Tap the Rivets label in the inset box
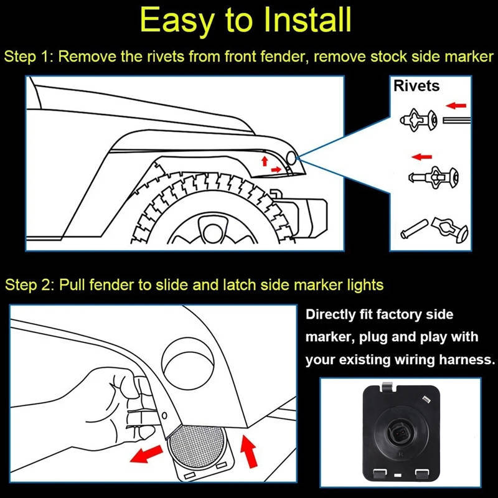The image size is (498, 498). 416,86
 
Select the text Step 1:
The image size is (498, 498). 29,57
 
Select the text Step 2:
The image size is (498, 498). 29,285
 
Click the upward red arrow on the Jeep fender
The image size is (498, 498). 264,161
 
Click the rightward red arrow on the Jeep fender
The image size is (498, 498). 276,170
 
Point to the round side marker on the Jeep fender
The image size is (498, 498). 291,158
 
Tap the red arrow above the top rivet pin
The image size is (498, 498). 456,105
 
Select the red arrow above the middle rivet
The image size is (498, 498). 422,157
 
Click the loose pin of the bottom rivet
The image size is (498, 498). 414,228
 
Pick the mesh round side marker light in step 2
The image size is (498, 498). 197,447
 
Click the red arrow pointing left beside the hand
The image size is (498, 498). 146,454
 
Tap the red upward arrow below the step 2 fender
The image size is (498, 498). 248,451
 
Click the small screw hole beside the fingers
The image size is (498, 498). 164,415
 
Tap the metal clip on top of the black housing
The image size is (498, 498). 387,387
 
